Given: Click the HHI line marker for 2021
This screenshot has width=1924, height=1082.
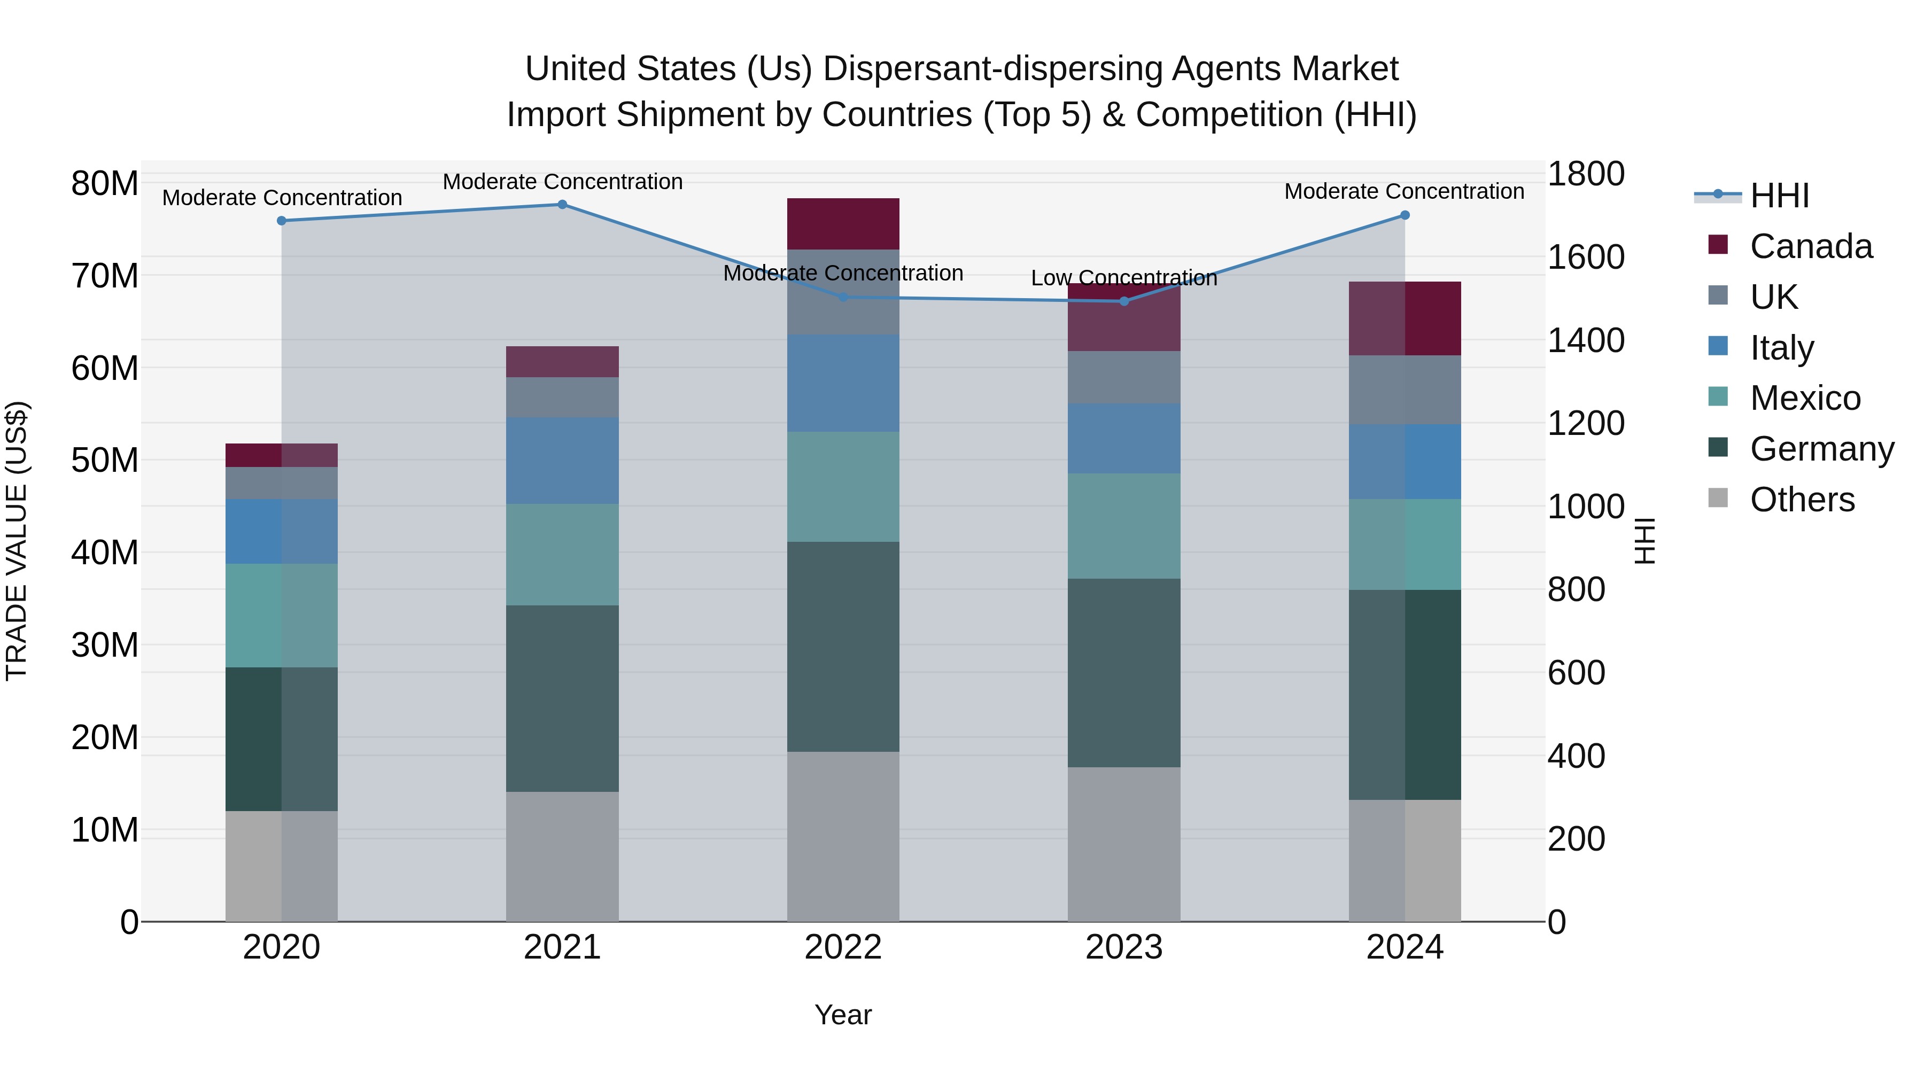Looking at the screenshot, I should tap(562, 205).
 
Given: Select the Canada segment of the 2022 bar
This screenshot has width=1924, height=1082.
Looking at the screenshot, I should tap(843, 223).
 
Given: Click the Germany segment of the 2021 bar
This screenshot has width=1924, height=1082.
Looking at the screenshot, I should tap(562, 698).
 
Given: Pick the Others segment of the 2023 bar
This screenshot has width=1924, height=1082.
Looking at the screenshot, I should tap(1124, 844).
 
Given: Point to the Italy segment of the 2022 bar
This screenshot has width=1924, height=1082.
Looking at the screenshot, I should tap(843, 383).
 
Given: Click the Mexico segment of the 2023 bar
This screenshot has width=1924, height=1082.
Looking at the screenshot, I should tap(1124, 526).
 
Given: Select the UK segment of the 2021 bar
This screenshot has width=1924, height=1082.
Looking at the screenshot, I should tap(562, 397).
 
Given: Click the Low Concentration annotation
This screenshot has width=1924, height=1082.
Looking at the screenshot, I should tap(1124, 278).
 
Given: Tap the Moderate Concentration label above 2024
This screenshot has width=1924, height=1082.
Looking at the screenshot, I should tap(1404, 191).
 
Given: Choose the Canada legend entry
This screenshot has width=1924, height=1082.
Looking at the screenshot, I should tap(1811, 246).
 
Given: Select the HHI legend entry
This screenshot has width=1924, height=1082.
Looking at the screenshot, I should tap(1779, 196).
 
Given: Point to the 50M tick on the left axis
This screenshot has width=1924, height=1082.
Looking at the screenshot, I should tap(105, 460).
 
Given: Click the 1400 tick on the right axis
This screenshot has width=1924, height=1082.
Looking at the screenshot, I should tap(1585, 340).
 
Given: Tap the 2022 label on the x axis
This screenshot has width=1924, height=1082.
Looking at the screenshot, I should tap(843, 947).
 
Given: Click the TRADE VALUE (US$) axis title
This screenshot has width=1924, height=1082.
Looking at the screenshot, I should tap(17, 541).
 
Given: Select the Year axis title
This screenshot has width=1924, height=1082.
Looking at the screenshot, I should tap(843, 1015).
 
